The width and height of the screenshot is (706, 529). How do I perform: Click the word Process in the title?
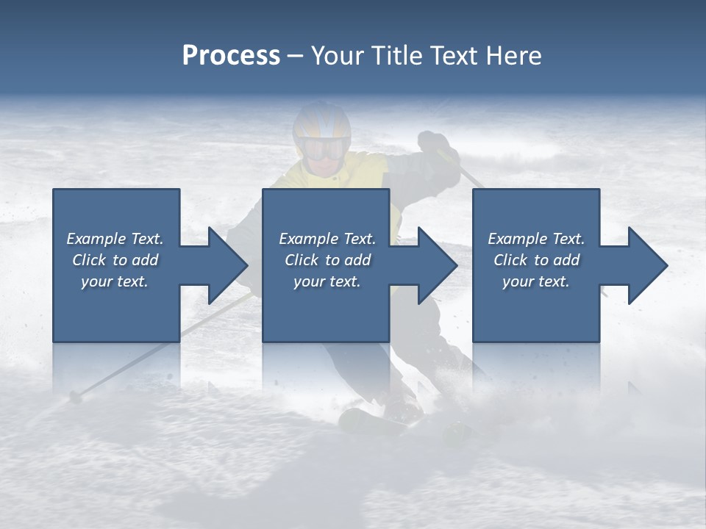231,56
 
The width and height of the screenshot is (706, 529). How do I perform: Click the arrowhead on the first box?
228,265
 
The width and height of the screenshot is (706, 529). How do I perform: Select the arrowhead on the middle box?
438,265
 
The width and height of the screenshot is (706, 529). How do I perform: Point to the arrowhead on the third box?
648,265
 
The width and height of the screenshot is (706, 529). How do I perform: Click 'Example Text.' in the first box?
115,239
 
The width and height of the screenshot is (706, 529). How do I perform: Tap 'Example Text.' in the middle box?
327,239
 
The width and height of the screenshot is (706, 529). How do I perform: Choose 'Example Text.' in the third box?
536,239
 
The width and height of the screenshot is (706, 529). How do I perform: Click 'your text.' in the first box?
115,281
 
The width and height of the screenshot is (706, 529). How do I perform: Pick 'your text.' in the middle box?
327,281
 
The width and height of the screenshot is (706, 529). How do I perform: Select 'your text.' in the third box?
536,281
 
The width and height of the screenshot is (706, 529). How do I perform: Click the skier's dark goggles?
324,149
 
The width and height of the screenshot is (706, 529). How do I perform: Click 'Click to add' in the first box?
115,260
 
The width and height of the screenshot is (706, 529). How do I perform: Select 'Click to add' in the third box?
536,260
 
